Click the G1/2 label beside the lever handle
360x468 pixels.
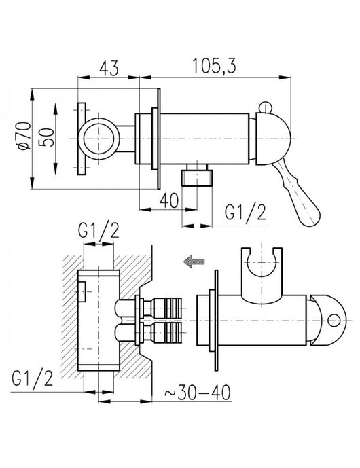tap(245, 215)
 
